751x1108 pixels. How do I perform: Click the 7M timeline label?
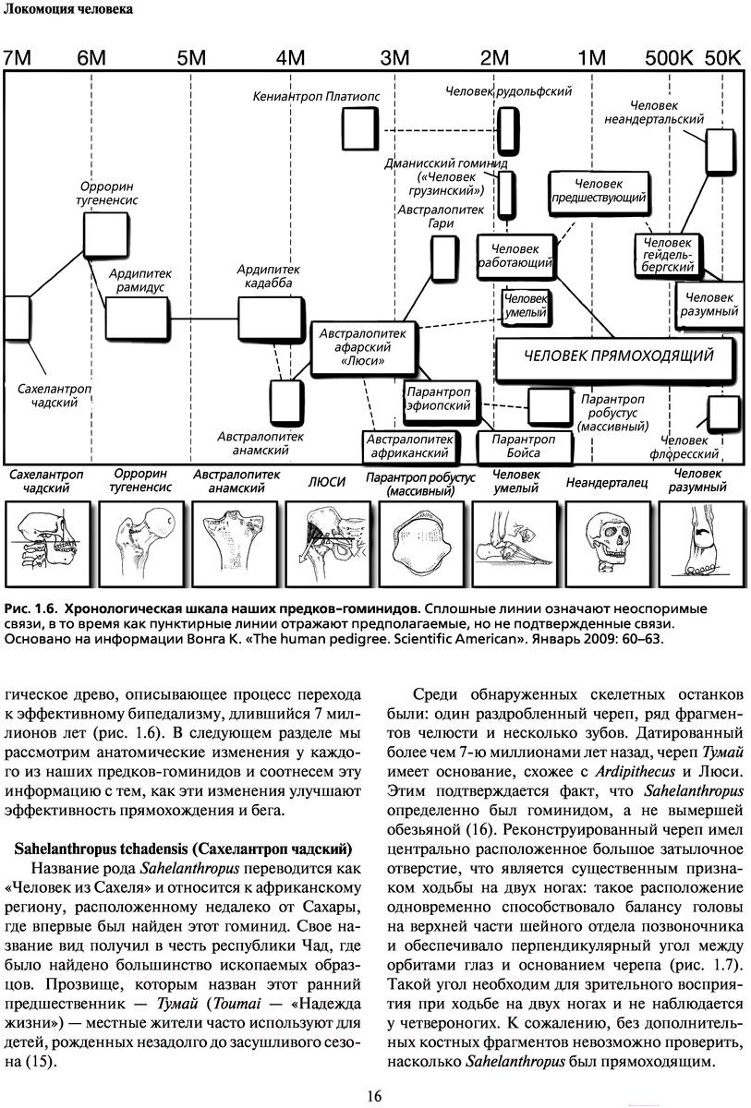(18, 57)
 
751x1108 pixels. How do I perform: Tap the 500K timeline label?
(669, 57)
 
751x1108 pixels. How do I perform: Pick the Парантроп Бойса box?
(523, 446)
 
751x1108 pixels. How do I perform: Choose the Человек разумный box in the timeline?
(709, 305)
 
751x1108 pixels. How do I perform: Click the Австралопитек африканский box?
(409, 446)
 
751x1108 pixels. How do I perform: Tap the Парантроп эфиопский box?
(438, 398)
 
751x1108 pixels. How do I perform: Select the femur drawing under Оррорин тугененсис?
(140, 540)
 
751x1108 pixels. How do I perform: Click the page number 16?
(374, 1095)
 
